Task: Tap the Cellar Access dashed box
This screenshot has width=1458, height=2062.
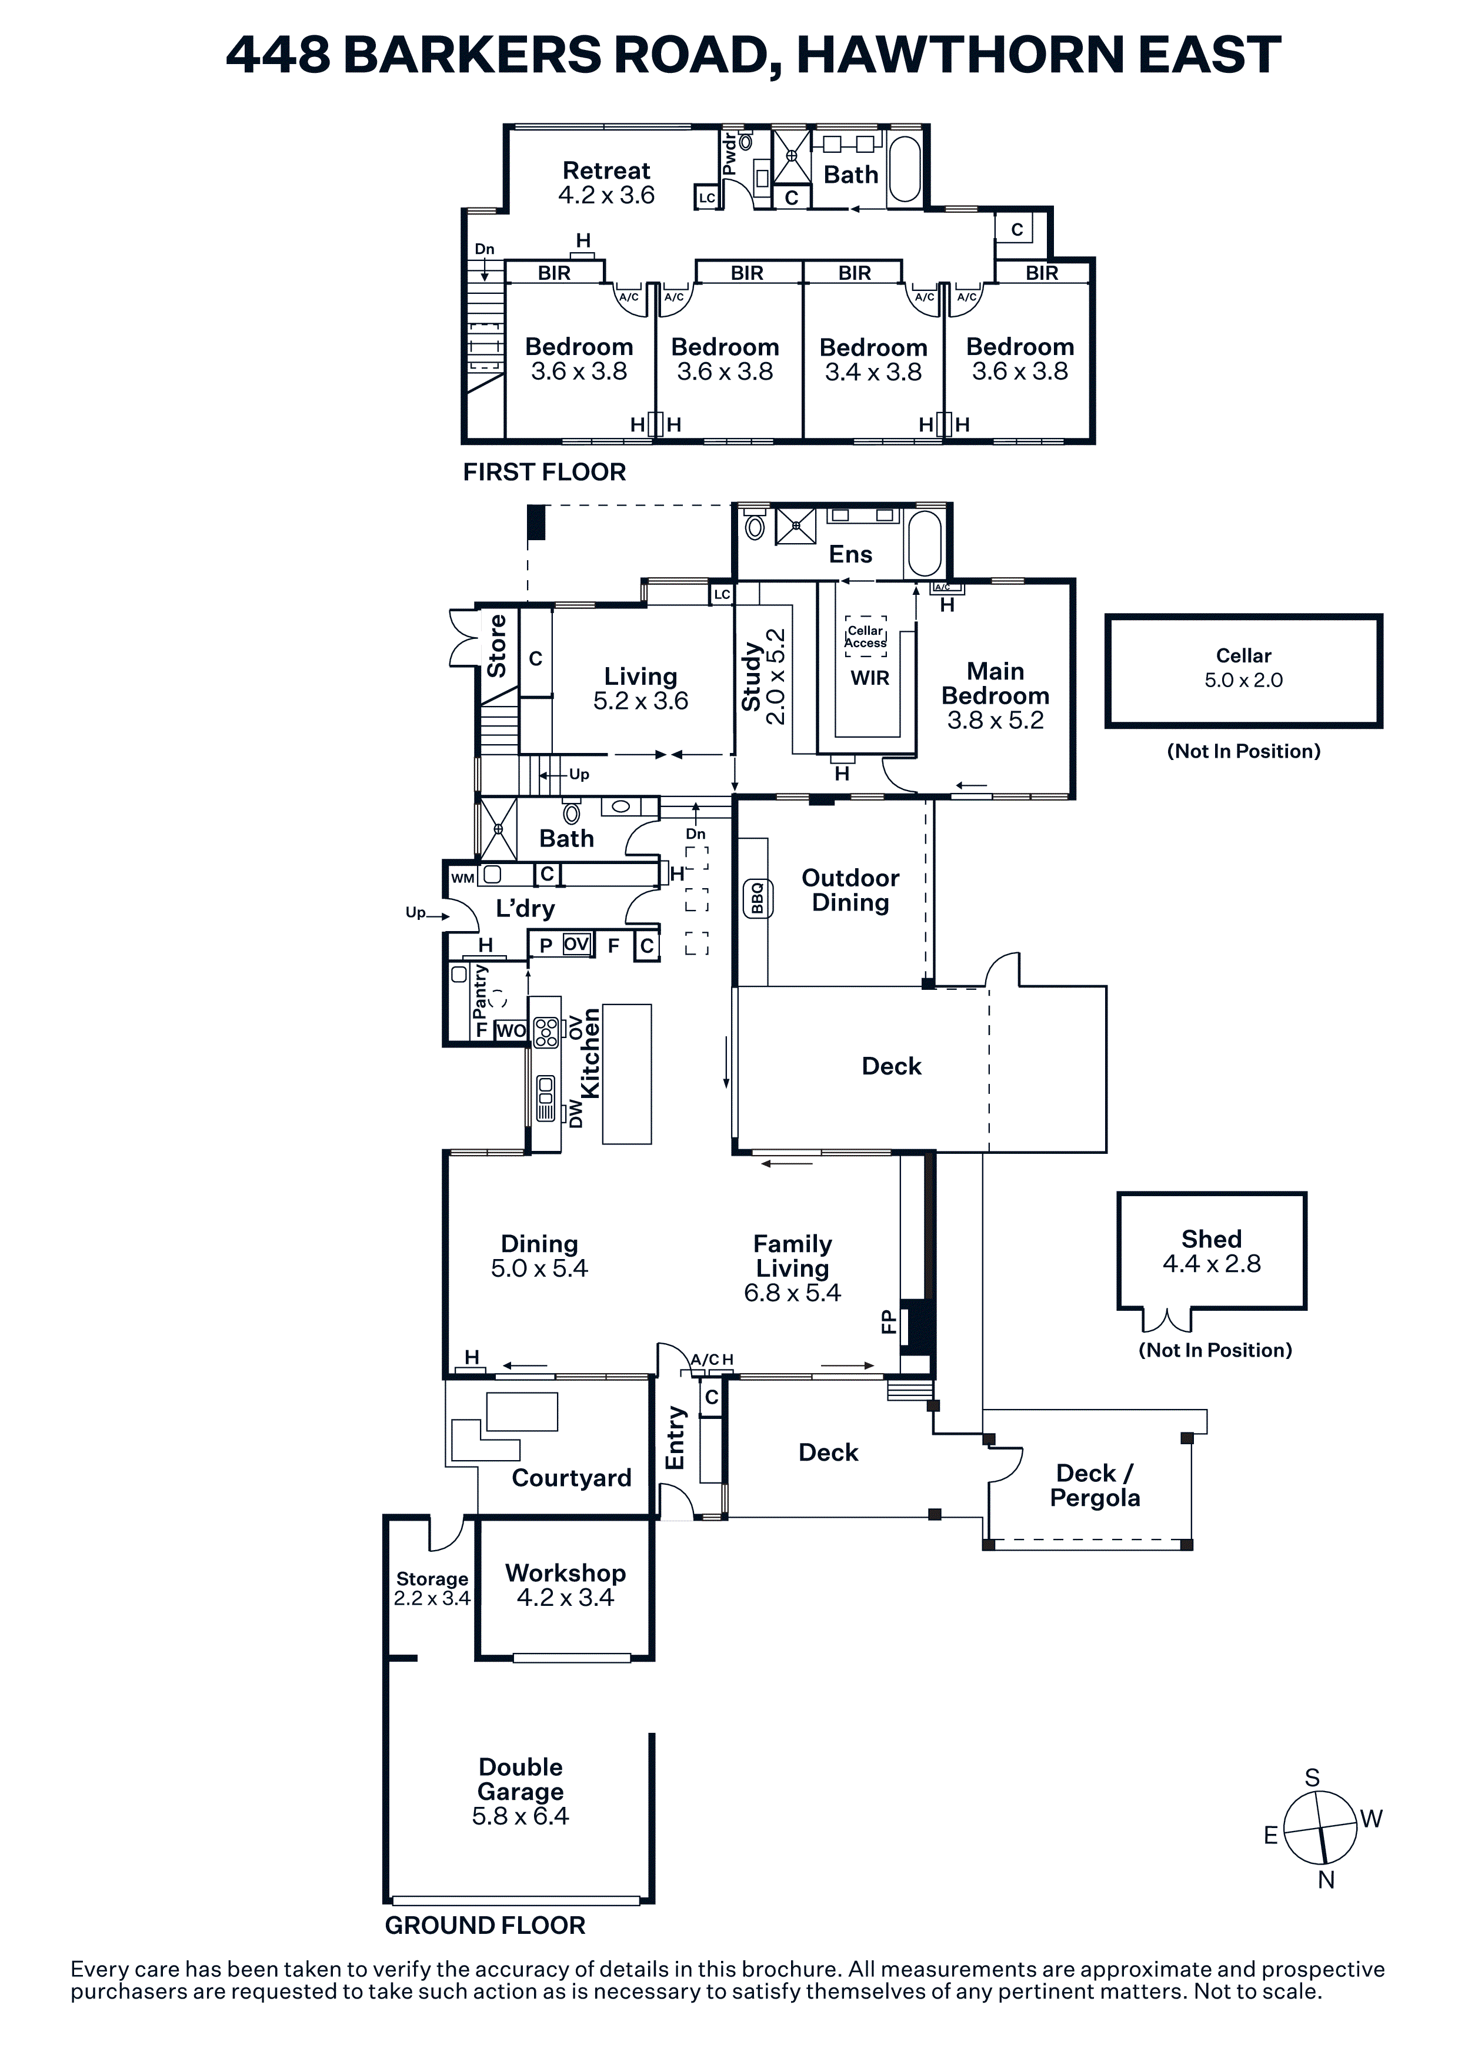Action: (x=866, y=636)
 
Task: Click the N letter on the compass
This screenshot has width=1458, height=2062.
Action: (x=1326, y=1880)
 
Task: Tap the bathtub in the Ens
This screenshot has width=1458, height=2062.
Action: (x=925, y=543)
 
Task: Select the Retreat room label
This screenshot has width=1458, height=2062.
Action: (x=606, y=182)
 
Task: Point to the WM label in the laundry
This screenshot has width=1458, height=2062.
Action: (x=463, y=878)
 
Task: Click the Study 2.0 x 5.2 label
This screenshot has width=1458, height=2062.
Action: (x=763, y=676)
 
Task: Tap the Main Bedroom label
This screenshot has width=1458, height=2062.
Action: (x=995, y=695)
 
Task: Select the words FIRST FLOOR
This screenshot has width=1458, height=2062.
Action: (x=545, y=473)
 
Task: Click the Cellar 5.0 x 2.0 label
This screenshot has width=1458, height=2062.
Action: (x=1243, y=667)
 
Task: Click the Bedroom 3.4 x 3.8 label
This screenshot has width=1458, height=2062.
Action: (x=873, y=359)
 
